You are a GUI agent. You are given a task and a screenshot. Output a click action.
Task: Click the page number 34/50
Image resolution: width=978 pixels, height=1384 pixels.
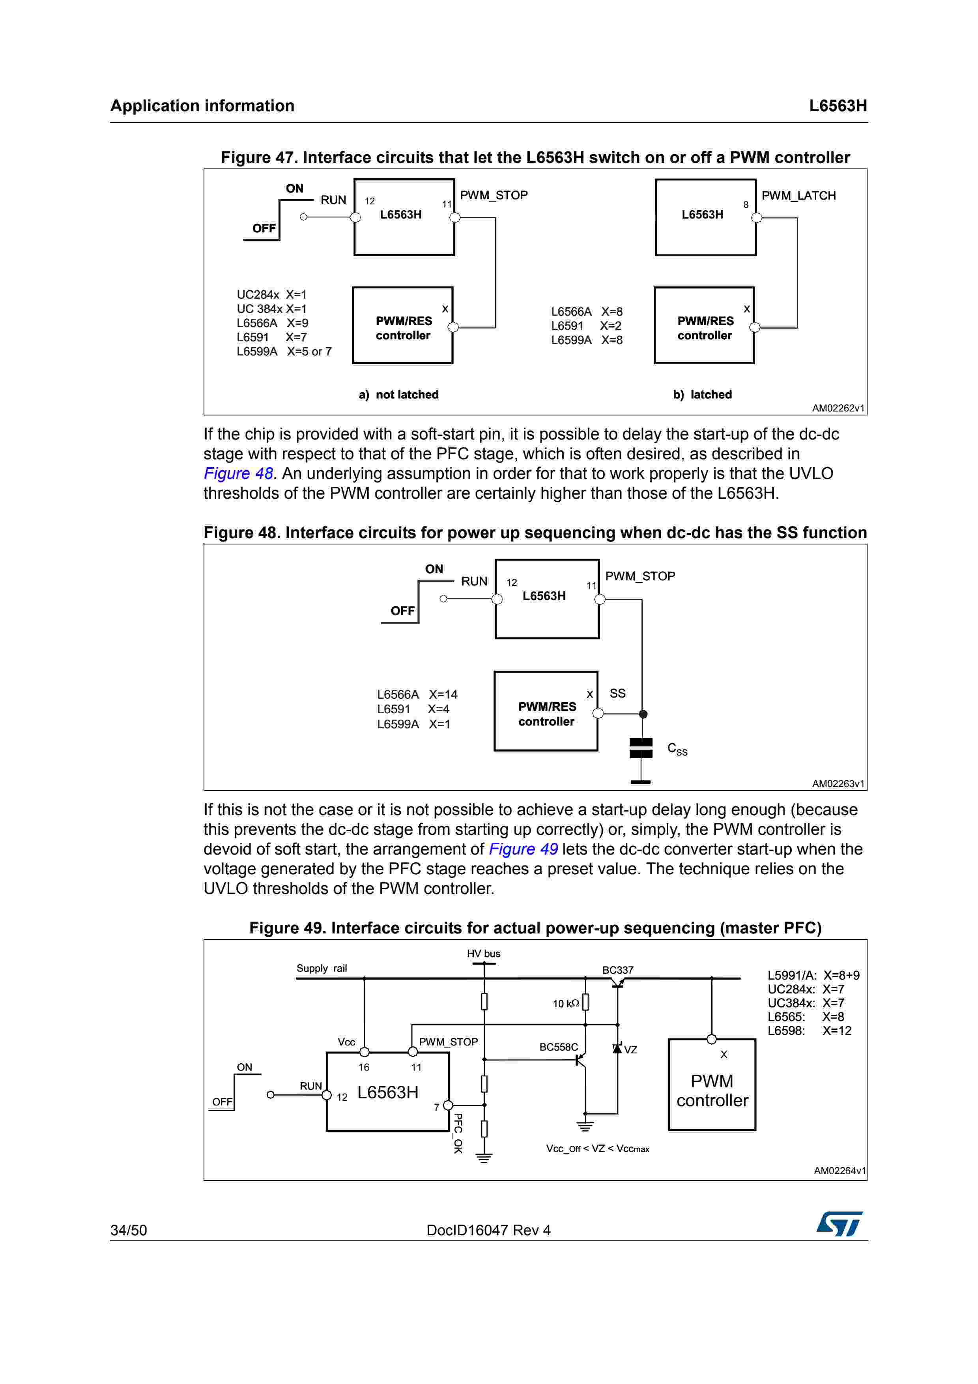click(128, 1230)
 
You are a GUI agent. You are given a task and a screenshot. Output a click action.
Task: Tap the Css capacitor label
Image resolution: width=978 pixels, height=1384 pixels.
click(677, 749)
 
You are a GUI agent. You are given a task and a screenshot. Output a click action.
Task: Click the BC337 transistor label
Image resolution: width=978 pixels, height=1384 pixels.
click(618, 970)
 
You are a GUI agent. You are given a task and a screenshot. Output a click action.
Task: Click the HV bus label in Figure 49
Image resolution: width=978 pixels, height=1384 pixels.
click(483, 954)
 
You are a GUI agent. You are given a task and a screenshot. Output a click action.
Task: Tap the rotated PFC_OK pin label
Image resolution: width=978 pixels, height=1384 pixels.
click(458, 1133)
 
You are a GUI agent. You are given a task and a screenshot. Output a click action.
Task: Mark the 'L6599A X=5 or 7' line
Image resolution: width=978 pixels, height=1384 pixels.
click(284, 352)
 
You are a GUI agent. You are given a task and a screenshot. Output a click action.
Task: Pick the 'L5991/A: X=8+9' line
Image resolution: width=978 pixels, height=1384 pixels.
click(813, 975)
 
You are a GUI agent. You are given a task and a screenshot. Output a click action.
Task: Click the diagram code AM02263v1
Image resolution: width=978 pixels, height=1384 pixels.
click(838, 784)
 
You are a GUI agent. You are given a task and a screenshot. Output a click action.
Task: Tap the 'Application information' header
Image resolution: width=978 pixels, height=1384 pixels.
click(202, 106)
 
